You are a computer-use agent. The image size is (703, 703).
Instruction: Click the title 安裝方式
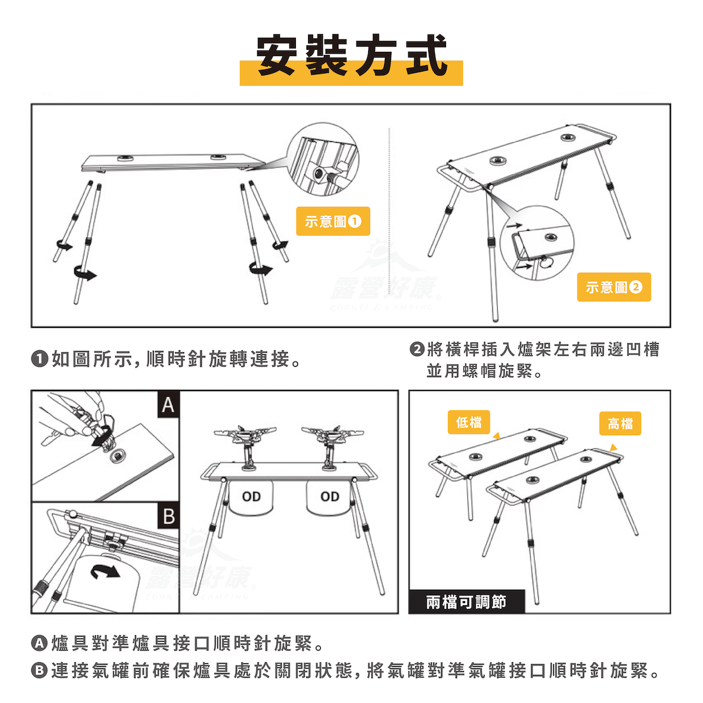pyautogui.click(x=351, y=57)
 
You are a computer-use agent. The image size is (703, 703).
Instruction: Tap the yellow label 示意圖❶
pyautogui.click(x=333, y=221)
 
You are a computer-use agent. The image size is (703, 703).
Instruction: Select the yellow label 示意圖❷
pyautogui.click(x=614, y=287)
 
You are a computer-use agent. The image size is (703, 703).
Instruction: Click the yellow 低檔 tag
pyautogui.click(x=469, y=422)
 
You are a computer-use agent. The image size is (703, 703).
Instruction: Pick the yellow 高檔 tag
pyautogui.click(x=620, y=424)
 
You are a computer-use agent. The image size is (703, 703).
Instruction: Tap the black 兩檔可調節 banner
pyautogui.click(x=466, y=602)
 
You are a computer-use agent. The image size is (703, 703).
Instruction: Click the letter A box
pyautogui.click(x=167, y=405)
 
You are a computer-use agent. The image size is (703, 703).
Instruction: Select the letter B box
pyautogui.click(x=168, y=516)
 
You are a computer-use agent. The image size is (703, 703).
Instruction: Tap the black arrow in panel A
pyautogui.click(x=98, y=438)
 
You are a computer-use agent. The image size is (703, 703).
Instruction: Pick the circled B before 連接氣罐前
pyautogui.click(x=40, y=670)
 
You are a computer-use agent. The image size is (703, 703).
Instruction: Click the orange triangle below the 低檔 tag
pyautogui.click(x=496, y=436)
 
